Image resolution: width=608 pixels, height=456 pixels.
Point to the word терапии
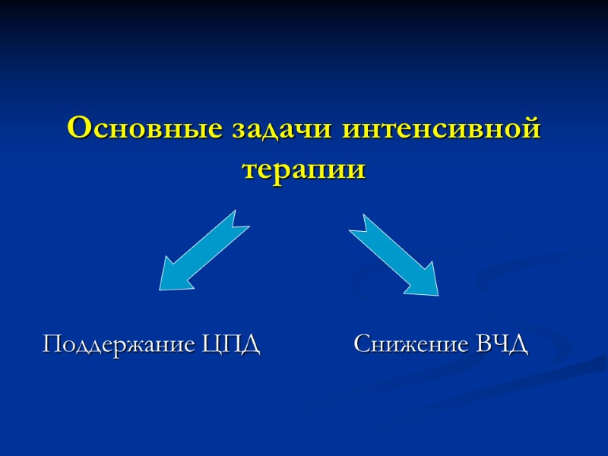click(304, 168)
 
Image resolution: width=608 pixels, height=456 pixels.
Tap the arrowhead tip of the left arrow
click(162, 287)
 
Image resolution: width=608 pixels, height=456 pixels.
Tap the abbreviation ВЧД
click(502, 345)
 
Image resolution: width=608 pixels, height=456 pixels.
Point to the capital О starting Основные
click(78, 128)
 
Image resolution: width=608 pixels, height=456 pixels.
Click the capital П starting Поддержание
click(52, 344)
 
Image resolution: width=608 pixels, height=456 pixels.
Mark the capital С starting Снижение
click(362, 345)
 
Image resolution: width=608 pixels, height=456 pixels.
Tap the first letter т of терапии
click(249, 169)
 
